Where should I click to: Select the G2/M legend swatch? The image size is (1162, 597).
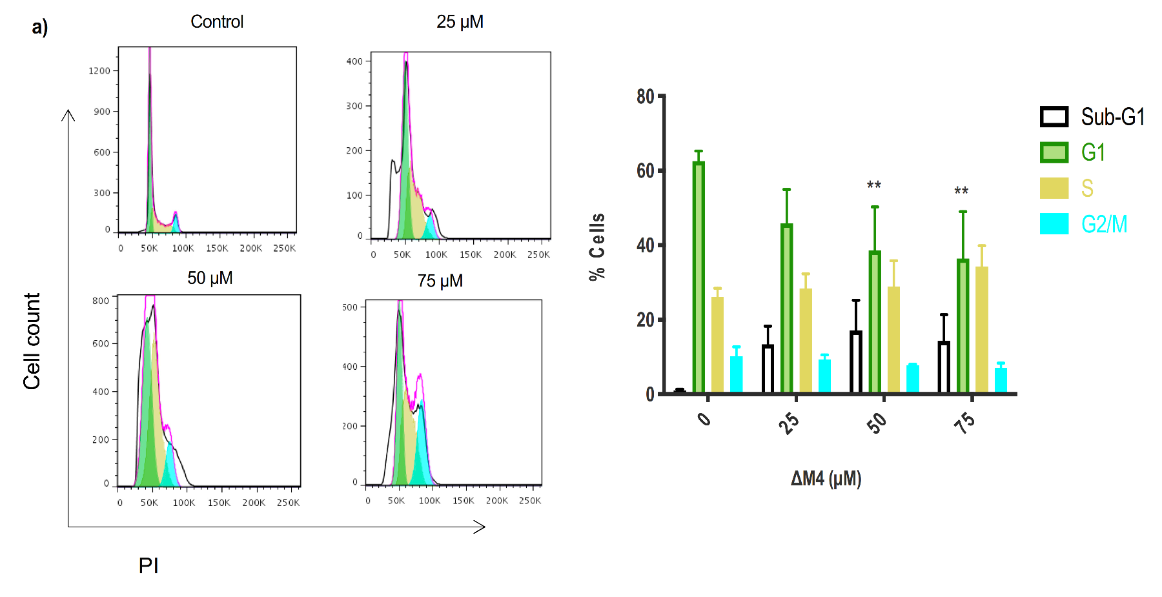[1054, 224]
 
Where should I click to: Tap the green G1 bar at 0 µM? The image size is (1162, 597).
[698, 278]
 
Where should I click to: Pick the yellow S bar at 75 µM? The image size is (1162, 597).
[981, 329]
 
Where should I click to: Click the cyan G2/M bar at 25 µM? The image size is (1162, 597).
[824, 376]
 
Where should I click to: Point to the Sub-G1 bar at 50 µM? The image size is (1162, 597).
[856, 361]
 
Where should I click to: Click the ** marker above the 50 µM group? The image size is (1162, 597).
[873, 186]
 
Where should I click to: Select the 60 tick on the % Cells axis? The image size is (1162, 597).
[645, 171]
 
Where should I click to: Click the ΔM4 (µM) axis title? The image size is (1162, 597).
[826, 478]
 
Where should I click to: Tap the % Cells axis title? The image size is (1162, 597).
[597, 246]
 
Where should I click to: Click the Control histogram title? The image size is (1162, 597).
[217, 22]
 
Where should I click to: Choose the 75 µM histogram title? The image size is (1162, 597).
[440, 281]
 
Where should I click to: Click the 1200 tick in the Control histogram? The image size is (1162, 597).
[99, 71]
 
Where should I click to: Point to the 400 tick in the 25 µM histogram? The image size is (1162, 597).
[354, 62]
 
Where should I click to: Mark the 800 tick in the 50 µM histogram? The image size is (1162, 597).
[100, 301]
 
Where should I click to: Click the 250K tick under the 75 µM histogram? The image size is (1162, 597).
[530, 501]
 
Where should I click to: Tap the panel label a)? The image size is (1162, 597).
[39, 27]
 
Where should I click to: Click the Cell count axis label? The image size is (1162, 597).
[32, 341]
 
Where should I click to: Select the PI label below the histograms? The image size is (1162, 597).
[148, 565]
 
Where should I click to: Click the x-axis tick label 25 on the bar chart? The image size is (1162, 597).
[789, 423]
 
